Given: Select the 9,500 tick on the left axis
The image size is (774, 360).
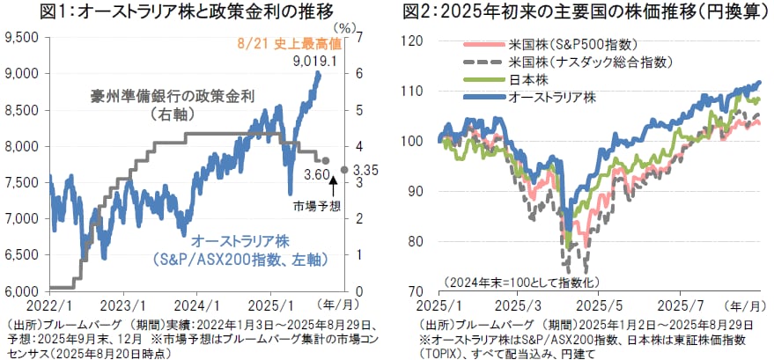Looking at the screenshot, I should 22,37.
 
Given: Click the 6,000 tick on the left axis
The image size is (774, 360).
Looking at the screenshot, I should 22,290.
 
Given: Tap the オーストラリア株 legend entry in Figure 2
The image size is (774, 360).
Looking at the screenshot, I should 551,98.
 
